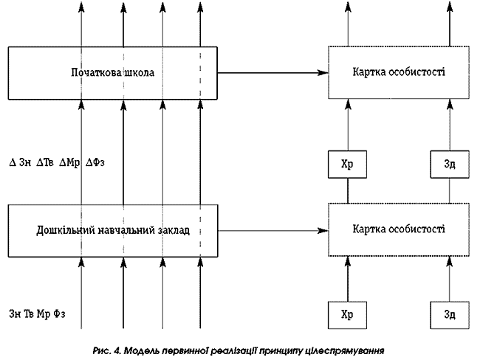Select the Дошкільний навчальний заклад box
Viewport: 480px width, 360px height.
[x=113, y=230]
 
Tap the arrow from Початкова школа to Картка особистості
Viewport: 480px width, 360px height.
[x=272, y=72]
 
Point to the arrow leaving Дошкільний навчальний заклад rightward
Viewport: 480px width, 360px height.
[x=272, y=230]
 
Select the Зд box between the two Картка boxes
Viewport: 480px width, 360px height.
[x=449, y=164]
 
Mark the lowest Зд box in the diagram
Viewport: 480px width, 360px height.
[x=449, y=314]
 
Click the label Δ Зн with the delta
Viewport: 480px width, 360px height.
[x=19, y=162]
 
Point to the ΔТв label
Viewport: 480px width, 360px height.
[x=46, y=162]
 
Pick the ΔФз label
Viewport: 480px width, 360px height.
[x=95, y=162]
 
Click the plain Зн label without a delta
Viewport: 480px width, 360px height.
[x=15, y=314]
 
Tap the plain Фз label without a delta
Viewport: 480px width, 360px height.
[x=58, y=314]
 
